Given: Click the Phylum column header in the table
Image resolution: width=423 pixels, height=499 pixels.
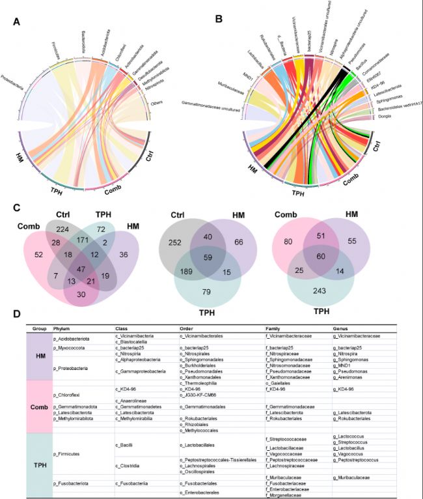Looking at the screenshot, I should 61,328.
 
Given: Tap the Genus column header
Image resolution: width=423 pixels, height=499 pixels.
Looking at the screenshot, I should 341,328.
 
